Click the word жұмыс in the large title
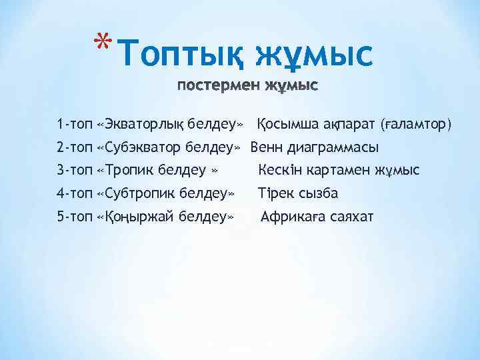tap(315, 54)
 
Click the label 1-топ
tap(75, 124)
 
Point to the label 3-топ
tap(75, 171)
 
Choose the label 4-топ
tap(75, 194)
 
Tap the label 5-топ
tap(75, 217)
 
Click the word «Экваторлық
tap(138, 124)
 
